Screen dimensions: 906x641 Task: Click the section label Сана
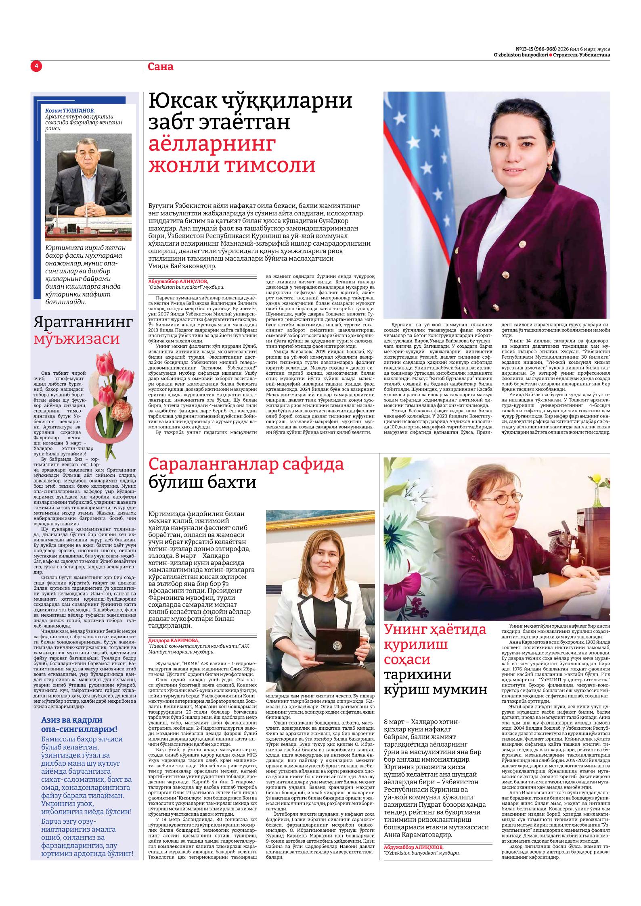click(x=160, y=67)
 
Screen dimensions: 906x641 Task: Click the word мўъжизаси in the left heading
click(x=77, y=338)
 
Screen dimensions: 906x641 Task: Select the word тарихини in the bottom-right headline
click(x=418, y=674)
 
